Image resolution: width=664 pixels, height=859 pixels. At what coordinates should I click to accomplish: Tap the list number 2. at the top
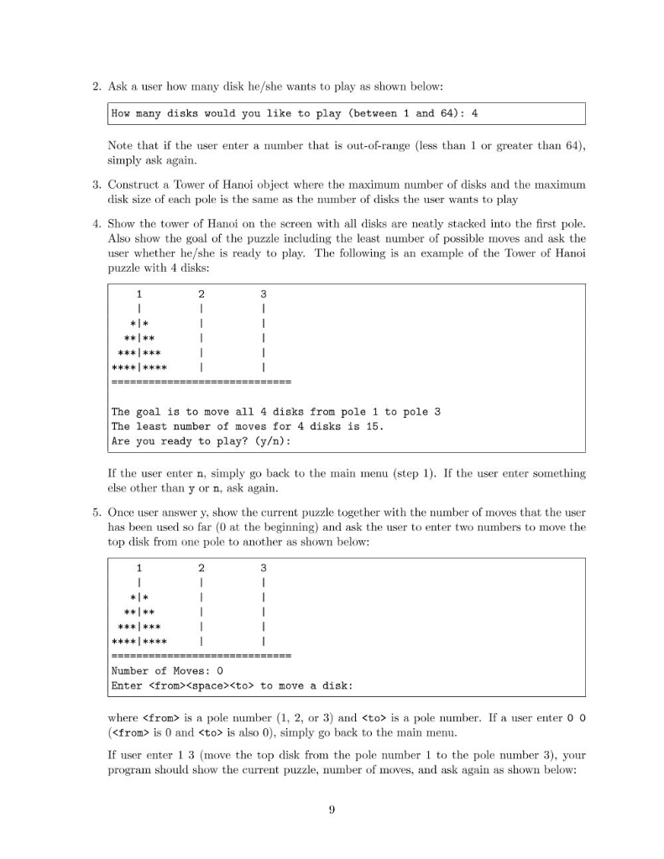tap(97, 86)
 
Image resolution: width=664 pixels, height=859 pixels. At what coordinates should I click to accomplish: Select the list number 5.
tap(97, 511)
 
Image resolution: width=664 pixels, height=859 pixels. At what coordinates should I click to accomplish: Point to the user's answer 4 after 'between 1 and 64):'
tap(475, 113)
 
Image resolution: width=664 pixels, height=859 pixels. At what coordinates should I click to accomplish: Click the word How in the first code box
tap(121, 113)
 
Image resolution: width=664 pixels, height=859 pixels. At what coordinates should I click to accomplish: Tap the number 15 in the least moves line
tap(374, 426)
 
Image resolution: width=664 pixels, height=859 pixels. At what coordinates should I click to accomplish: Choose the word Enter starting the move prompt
tap(127, 685)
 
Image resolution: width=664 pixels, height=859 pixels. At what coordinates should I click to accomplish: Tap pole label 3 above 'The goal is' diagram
tap(263, 294)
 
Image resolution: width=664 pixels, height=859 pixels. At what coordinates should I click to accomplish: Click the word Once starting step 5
tap(123, 511)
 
